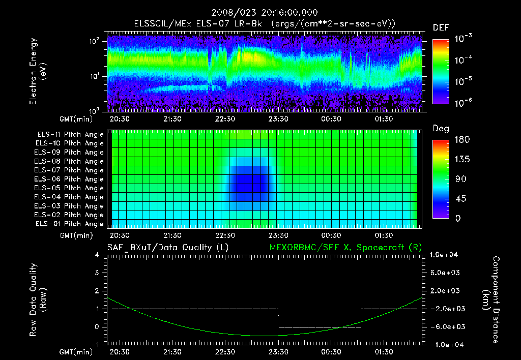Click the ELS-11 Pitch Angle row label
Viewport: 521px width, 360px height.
pos(70,134)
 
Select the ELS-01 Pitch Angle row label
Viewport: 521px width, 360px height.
pos(70,224)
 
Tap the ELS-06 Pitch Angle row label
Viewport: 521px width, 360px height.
pos(70,179)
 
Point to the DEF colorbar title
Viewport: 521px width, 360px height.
pos(441,27)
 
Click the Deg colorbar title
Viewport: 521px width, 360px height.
pos(440,129)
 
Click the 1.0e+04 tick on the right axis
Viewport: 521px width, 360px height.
pos(446,255)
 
